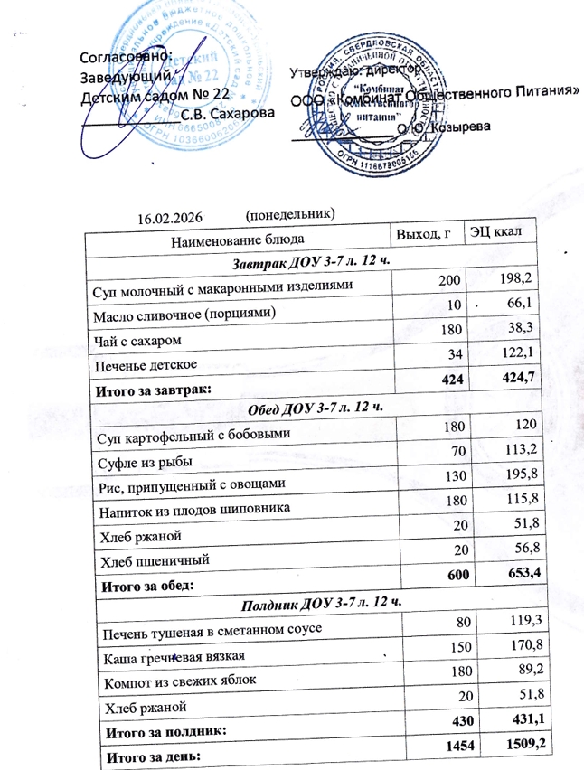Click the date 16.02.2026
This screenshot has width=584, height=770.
(x=168, y=218)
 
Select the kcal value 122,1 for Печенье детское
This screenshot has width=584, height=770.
(x=513, y=360)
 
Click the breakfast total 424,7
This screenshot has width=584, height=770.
(x=513, y=386)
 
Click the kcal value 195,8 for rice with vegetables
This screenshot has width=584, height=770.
(x=518, y=474)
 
